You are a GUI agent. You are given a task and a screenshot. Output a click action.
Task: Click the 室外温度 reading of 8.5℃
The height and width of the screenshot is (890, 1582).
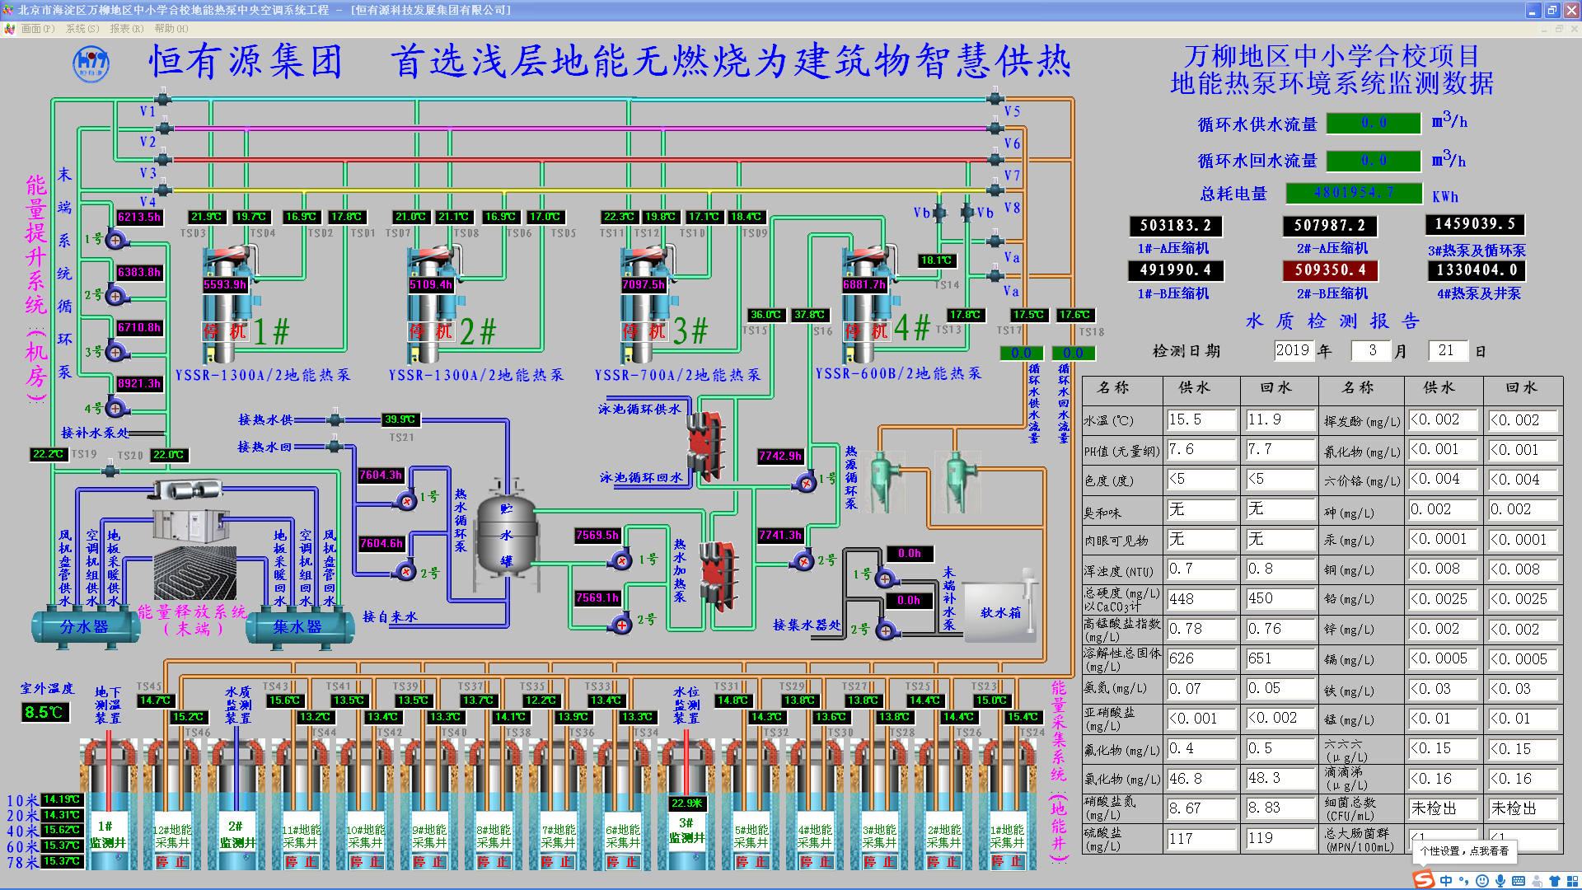point(44,712)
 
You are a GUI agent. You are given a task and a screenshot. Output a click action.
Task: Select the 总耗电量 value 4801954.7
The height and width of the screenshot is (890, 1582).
point(1354,193)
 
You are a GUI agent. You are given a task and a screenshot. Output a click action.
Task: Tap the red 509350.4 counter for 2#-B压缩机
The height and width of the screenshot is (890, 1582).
point(1330,270)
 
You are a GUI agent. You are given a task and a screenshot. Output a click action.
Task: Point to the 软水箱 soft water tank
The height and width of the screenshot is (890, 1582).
point(999,612)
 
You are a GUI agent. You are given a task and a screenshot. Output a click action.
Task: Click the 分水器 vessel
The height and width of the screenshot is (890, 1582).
point(84,627)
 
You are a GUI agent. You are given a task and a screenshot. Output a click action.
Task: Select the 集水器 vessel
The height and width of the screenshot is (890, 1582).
point(297,627)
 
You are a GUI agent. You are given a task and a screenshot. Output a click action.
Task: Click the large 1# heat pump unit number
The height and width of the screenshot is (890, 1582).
point(271,331)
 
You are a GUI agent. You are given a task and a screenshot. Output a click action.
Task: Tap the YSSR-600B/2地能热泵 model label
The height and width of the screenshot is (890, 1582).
point(898,374)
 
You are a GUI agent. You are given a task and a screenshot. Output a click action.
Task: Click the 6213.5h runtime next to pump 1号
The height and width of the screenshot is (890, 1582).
point(139,218)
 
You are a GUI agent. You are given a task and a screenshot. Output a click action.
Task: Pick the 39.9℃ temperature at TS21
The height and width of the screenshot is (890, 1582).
point(400,419)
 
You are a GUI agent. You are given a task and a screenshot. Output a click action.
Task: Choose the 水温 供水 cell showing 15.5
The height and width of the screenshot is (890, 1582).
point(1201,420)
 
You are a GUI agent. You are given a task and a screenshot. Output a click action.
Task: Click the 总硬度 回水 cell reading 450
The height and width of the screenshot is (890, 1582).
point(1279,599)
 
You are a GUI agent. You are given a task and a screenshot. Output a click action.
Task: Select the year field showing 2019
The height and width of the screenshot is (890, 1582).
point(1292,351)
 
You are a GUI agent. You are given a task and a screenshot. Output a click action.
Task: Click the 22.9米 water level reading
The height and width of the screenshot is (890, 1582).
point(686,803)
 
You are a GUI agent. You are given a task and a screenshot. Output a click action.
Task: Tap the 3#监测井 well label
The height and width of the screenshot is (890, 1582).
point(686,831)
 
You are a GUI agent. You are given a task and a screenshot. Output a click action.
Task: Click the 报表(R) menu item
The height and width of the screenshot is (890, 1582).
point(126,29)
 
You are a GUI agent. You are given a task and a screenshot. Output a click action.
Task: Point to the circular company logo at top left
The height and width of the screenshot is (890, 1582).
point(91,63)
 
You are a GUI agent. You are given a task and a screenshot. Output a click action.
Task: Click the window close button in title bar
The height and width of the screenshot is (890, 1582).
point(1570,10)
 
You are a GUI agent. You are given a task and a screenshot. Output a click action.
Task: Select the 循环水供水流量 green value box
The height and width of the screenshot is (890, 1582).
point(1374,123)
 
